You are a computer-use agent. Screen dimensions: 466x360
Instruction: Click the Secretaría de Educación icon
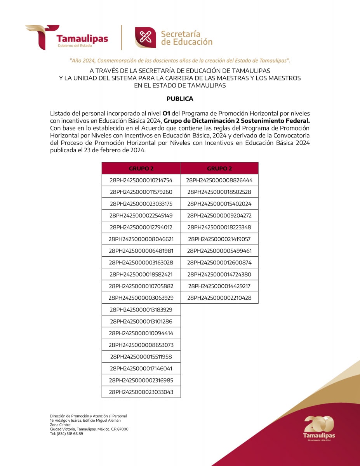[145, 38]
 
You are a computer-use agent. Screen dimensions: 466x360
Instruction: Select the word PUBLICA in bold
[180, 99]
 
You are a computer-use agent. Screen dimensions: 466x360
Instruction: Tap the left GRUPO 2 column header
[141, 169]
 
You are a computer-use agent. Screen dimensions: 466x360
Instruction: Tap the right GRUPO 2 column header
[219, 169]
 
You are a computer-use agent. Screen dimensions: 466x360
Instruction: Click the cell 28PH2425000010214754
[141, 180]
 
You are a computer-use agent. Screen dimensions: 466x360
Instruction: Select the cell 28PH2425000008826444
[219, 180]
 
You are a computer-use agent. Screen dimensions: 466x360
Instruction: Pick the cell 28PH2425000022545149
[141, 216]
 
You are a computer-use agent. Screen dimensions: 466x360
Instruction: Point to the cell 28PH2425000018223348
[219, 227]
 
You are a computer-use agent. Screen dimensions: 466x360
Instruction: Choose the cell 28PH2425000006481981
[141, 251]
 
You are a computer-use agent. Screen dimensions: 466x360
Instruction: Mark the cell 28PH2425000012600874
[219, 263]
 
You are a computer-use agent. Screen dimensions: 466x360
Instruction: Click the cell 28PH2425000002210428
[219, 298]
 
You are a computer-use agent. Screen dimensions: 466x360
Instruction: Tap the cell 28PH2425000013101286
[141, 321]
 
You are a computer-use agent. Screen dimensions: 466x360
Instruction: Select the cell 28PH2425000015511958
[141, 356]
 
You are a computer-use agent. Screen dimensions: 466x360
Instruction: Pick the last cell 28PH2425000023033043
[141, 392]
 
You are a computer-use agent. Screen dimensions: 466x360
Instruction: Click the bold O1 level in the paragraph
[166, 113]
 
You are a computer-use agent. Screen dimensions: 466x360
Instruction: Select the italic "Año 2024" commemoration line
[180, 61]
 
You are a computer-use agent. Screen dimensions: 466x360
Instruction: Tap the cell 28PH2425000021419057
[219, 239]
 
